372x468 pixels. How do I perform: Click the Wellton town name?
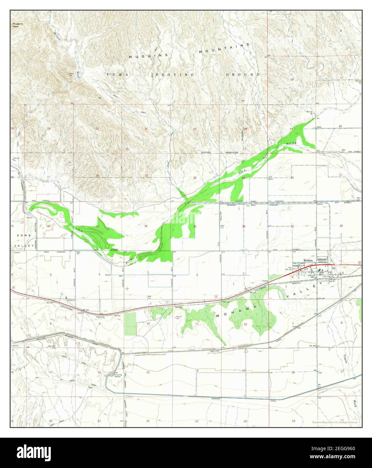308,261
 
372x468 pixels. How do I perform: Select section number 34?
146,226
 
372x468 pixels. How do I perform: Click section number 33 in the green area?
97,226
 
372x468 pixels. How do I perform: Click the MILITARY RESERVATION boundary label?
220,153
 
